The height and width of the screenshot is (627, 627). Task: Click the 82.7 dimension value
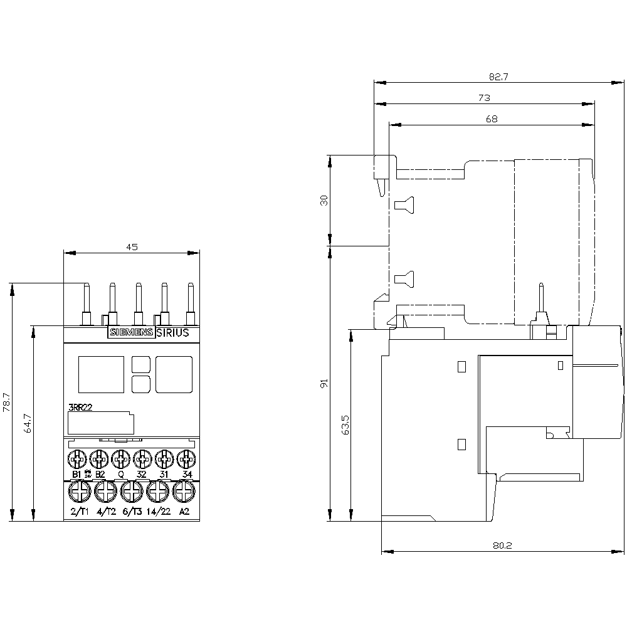[x=498, y=76]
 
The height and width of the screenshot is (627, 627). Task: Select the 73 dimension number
[x=484, y=98]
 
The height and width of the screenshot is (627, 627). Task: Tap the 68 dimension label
[x=492, y=119]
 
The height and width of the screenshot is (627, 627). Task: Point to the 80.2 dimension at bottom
[x=503, y=546]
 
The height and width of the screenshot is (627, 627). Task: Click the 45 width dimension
[x=132, y=247]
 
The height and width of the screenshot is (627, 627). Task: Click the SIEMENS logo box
[x=131, y=333]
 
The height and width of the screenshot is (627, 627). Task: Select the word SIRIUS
[x=172, y=333]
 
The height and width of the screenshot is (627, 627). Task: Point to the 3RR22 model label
[x=80, y=408]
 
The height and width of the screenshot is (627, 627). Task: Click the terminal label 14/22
[x=158, y=512]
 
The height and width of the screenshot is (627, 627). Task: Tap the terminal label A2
[x=184, y=512]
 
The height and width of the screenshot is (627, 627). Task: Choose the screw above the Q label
[x=120, y=459]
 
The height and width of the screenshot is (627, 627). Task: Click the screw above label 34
[x=186, y=459]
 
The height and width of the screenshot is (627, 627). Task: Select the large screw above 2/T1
[x=78, y=493]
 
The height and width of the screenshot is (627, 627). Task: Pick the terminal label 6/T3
[x=132, y=512]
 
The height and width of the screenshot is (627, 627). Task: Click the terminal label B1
[x=76, y=474]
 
